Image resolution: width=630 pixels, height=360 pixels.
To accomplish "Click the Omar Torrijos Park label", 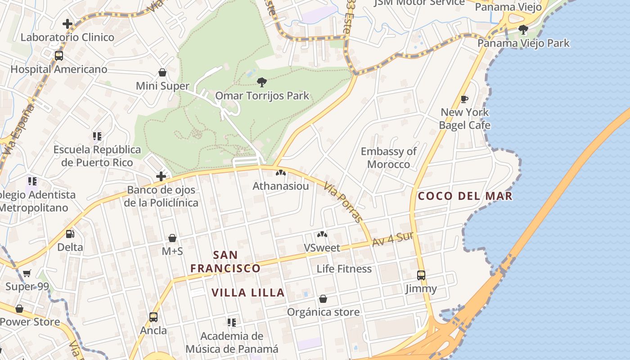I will click(x=262, y=95).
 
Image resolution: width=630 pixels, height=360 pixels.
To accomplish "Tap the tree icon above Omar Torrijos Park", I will click(x=261, y=82).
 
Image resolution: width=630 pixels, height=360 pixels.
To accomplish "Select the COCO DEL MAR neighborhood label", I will click(x=465, y=196).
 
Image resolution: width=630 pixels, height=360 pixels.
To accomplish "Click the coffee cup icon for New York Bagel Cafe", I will click(x=464, y=99).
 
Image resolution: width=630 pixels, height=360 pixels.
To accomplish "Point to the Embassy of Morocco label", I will click(x=389, y=157).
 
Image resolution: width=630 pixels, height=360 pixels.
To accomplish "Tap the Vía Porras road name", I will click(x=342, y=201).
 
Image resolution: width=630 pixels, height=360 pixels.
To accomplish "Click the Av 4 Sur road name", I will click(x=392, y=239).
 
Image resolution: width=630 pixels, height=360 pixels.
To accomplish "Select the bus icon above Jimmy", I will click(x=421, y=275).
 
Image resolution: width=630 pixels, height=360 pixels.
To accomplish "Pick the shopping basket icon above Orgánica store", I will click(x=323, y=299).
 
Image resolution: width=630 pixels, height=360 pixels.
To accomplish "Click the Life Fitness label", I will click(x=344, y=269).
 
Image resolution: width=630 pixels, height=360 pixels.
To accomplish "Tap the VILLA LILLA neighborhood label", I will click(x=248, y=292).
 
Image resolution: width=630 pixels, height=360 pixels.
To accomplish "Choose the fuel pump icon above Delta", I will click(x=70, y=234).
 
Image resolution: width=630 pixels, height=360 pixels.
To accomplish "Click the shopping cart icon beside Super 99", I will click(x=27, y=273).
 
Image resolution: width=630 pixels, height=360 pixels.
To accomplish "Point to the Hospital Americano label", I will click(x=59, y=69).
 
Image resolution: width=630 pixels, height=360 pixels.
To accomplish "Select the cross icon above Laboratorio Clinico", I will click(x=67, y=23).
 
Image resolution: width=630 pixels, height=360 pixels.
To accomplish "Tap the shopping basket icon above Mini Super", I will click(x=162, y=72).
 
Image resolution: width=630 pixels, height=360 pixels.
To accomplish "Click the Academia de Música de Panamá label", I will click(x=232, y=342).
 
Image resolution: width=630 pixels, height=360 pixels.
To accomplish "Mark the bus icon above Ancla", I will click(x=153, y=317).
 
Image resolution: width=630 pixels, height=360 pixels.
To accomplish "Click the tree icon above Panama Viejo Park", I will click(x=523, y=30).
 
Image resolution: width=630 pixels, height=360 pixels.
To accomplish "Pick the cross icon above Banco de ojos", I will click(x=161, y=176).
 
